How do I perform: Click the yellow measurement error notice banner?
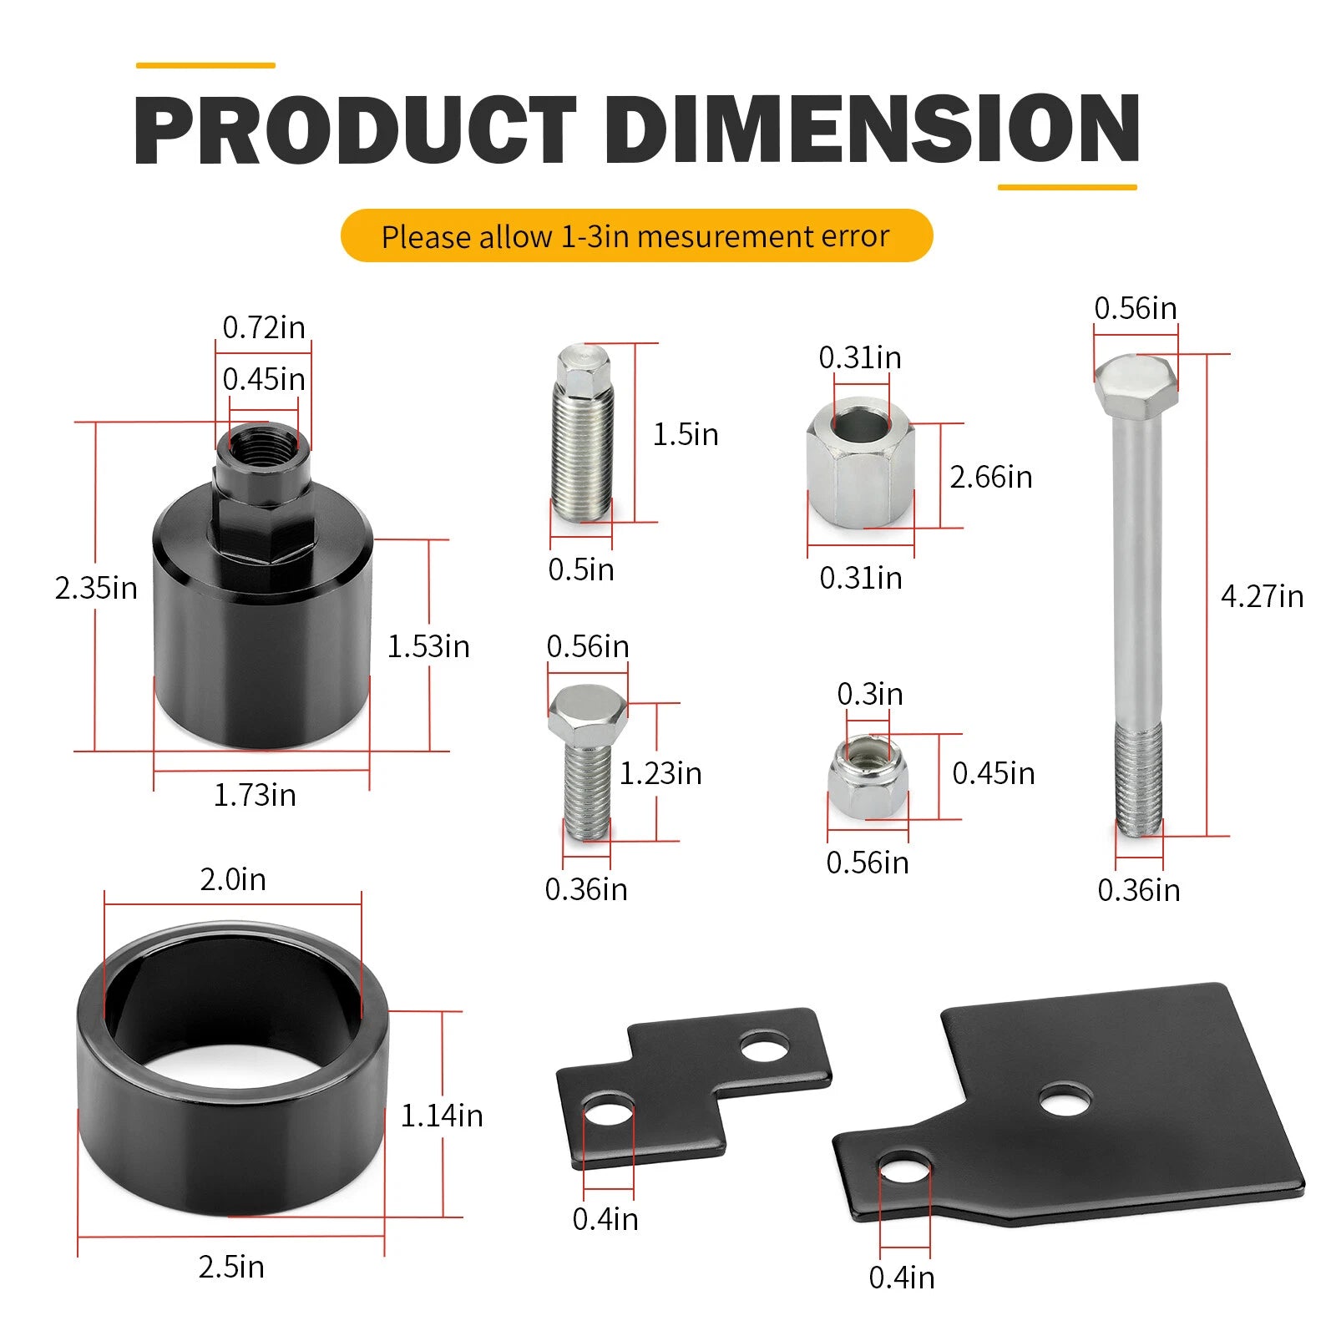(636, 235)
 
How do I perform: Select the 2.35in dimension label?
(96, 588)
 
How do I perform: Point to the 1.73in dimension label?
(255, 795)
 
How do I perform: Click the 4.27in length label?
(1262, 596)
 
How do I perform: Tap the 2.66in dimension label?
(991, 477)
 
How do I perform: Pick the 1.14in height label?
(442, 1116)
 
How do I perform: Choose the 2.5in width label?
(231, 1267)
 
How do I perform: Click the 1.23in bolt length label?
(660, 773)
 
